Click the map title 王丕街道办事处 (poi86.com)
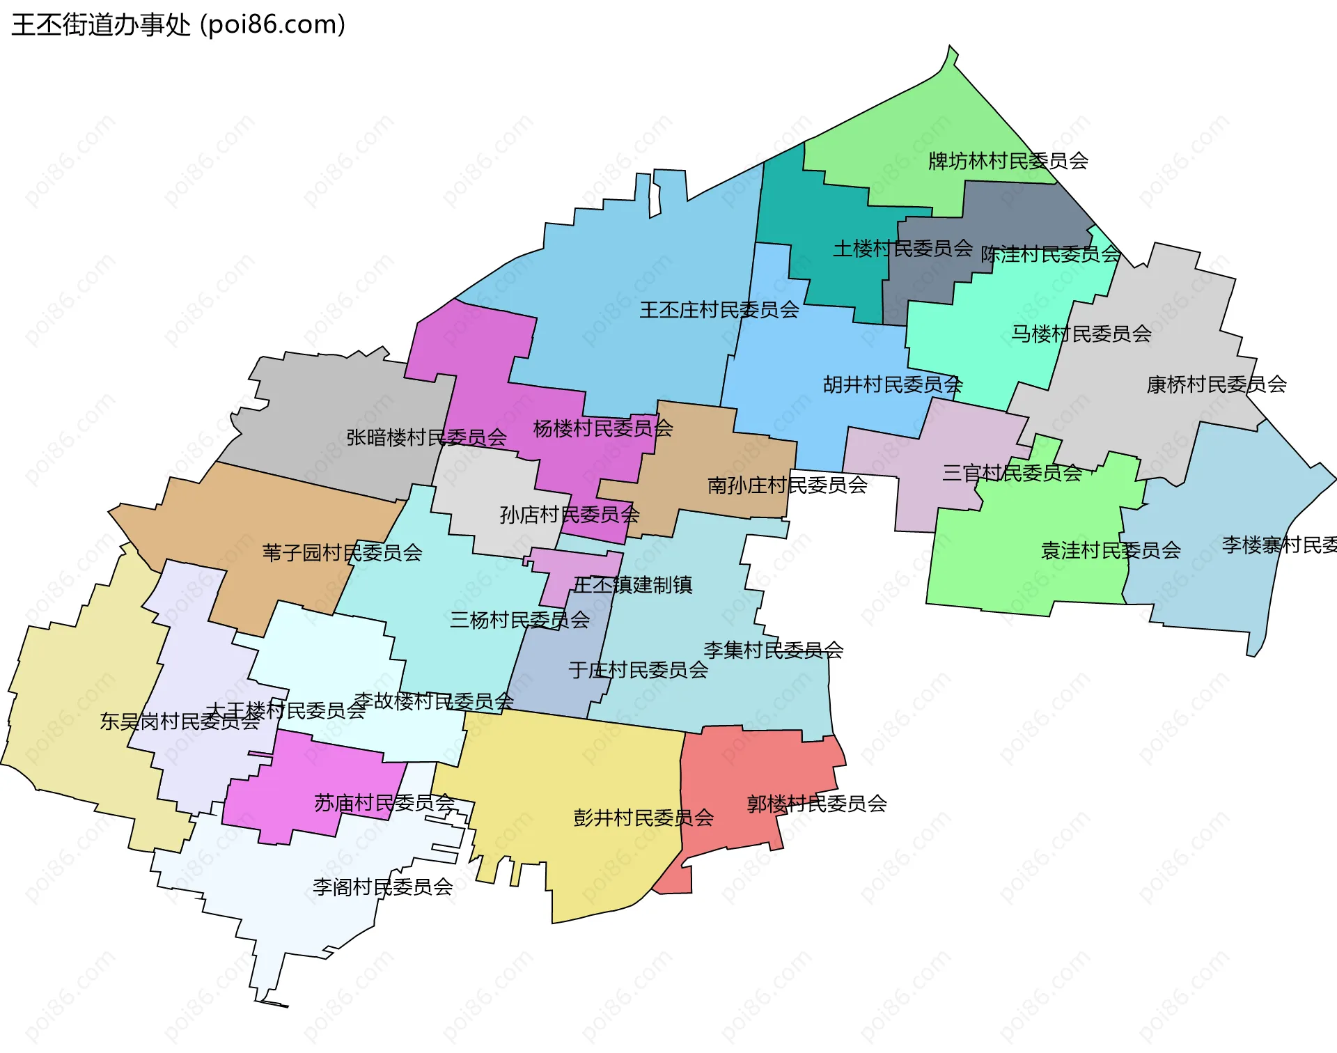(178, 25)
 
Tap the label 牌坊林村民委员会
(1008, 161)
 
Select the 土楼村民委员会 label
(902, 248)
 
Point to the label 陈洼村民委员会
(1050, 254)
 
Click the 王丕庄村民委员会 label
(719, 309)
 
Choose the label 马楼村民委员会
(1081, 334)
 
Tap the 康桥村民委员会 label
(1216, 384)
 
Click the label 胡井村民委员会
(892, 384)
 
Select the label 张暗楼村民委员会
(426, 437)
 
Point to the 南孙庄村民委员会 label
(787, 485)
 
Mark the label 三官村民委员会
(1011, 473)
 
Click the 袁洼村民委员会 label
(1110, 550)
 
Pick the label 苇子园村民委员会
(342, 552)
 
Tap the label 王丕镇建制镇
(632, 584)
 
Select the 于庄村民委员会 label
(638, 669)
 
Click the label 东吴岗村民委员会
(179, 721)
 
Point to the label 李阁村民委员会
(382, 887)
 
